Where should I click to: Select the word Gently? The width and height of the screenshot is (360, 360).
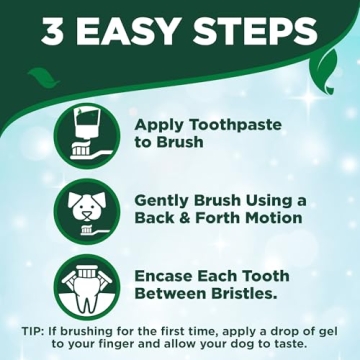[x=162, y=200]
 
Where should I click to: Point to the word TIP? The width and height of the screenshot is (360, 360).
[x=35, y=331]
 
